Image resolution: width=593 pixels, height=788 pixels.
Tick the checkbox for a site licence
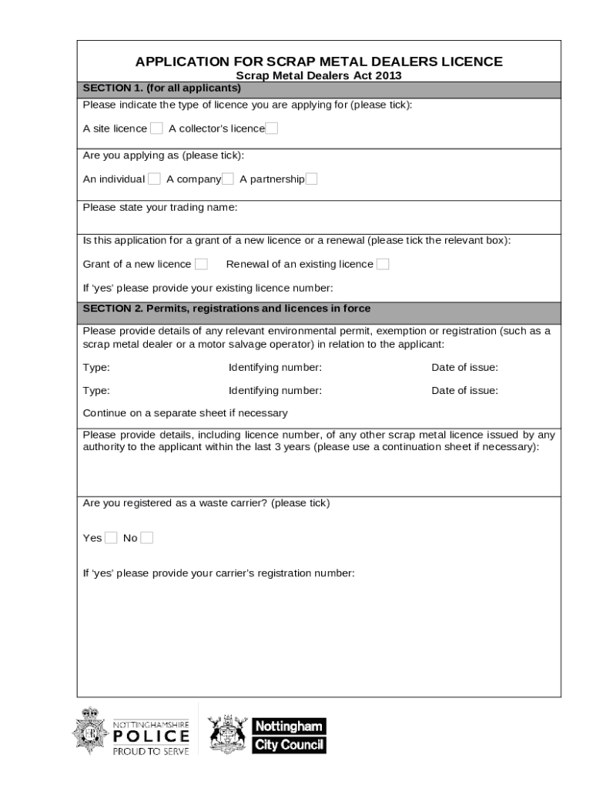pos(156,129)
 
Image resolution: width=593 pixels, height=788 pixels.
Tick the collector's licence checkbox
pos(272,129)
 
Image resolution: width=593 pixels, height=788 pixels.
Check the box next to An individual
pos(154,179)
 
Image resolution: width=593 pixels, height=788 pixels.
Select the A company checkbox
pos(228,179)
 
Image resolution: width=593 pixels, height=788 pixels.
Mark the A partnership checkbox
pos(311,179)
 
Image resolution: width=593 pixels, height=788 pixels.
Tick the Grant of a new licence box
pos(201,264)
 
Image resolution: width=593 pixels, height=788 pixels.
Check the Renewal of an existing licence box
pos(383,264)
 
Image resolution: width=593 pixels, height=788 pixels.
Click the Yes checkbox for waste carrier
pos(111,538)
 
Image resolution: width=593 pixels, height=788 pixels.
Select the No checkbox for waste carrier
pos(146,538)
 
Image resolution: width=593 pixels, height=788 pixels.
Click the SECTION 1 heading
pos(162,88)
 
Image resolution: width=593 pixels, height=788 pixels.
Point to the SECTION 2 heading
pos(226,309)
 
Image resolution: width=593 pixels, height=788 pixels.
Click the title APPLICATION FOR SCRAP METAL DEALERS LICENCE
pos(319,62)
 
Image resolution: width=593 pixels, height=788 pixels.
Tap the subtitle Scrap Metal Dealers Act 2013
pos(318,75)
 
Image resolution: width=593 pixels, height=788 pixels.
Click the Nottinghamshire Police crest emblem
pos(89,730)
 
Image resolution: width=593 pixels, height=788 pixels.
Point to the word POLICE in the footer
pos(151,736)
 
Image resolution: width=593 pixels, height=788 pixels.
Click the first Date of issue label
pos(464,367)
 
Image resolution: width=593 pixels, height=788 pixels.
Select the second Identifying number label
pos(275,390)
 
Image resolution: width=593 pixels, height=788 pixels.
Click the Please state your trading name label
pos(160,208)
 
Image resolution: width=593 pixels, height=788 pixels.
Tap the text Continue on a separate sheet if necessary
pos(185,412)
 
